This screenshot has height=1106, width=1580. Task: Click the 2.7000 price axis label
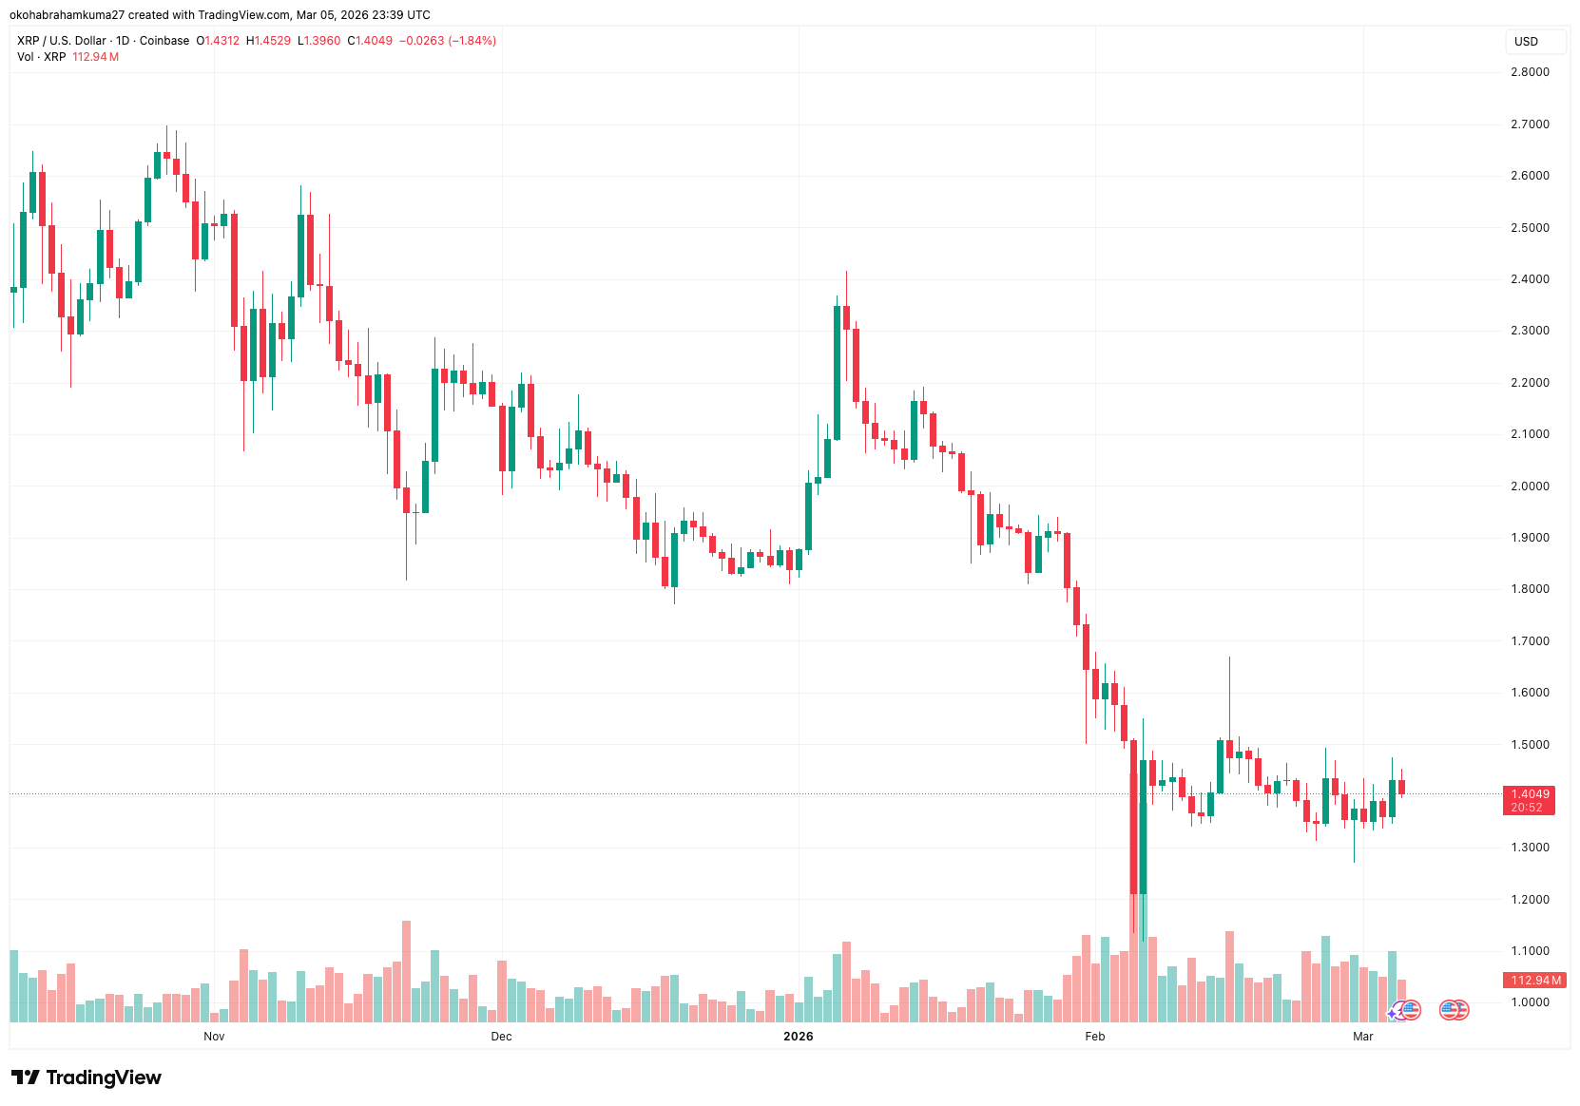pos(1529,124)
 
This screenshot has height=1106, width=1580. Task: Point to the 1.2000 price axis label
pos(1529,900)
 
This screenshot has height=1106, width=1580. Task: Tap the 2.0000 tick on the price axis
pos(1529,486)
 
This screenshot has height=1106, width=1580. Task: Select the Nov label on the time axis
pos(214,1037)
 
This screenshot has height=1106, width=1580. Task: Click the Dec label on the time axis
pos(501,1037)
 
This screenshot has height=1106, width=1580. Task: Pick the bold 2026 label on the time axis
pos(798,1037)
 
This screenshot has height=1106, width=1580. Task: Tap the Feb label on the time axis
pos(1094,1037)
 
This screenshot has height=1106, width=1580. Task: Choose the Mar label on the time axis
pos(1362,1037)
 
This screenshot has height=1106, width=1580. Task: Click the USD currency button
pos(1526,42)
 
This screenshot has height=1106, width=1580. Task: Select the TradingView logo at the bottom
pos(87,1077)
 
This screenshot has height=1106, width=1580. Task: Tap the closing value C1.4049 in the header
pos(370,41)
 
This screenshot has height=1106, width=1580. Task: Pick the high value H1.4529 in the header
pos(268,41)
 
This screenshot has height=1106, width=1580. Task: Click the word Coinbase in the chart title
pos(164,41)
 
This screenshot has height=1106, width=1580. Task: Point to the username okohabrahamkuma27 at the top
pos(67,15)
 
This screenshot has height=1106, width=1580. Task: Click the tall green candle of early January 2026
pos(837,372)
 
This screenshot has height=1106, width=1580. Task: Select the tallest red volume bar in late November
pos(406,969)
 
